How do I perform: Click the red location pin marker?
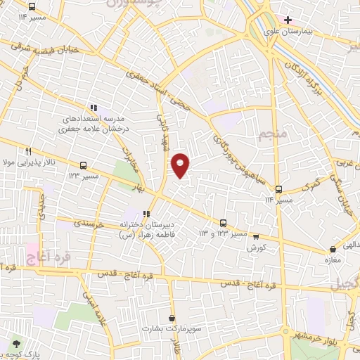click(x=181, y=165)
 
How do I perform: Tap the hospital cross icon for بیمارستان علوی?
click(x=288, y=20)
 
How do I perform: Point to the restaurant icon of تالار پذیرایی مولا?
click(x=28, y=150)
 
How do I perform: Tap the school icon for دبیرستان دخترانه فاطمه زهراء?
click(x=146, y=214)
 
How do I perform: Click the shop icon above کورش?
click(x=256, y=237)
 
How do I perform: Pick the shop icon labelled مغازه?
click(x=333, y=250)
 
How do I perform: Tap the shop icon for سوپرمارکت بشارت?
click(x=172, y=318)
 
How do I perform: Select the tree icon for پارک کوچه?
click(x=16, y=344)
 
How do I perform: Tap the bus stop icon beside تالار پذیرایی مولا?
click(x=84, y=166)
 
